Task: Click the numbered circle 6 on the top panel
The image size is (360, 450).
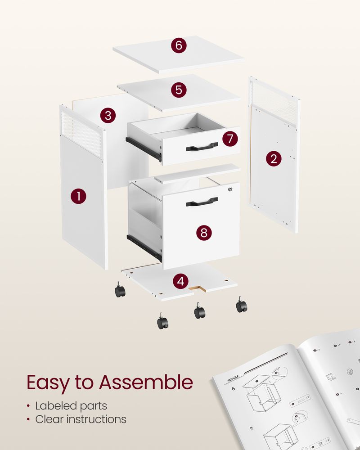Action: [179, 45]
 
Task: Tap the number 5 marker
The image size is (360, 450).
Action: [179, 90]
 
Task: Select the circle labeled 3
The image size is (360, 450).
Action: [108, 115]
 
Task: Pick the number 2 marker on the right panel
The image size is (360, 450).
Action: [273, 158]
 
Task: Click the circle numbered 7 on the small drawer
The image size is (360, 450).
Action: [230, 139]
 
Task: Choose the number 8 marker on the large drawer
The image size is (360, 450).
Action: [204, 232]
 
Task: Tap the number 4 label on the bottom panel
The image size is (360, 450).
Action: [180, 282]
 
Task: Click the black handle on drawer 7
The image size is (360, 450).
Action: [202, 146]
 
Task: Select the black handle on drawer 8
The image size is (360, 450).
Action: [202, 202]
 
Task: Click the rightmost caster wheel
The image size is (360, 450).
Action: [242, 306]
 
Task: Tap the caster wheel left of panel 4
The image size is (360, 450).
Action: [120, 291]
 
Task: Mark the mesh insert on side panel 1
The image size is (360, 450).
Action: [81, 133]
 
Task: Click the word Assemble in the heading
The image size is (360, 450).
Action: [146, 382]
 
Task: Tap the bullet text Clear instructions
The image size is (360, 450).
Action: [81, 419]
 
